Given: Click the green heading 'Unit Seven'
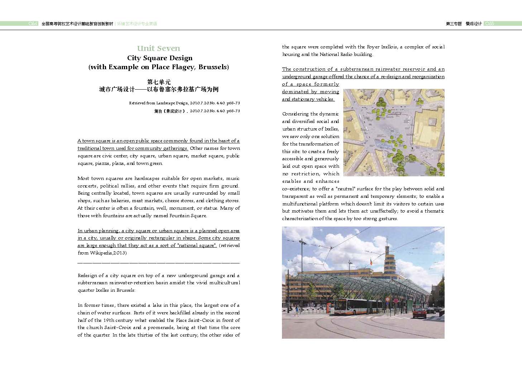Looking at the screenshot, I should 159,48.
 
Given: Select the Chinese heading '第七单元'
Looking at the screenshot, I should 159,82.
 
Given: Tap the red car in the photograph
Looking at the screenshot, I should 420,313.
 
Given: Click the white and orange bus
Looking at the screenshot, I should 358,306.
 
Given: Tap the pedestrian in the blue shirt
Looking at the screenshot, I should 297,309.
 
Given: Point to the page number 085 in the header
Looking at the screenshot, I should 489,24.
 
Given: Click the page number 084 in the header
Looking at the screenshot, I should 33,24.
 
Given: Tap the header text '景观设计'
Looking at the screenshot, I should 473,24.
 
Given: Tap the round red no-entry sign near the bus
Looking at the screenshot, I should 387,299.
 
